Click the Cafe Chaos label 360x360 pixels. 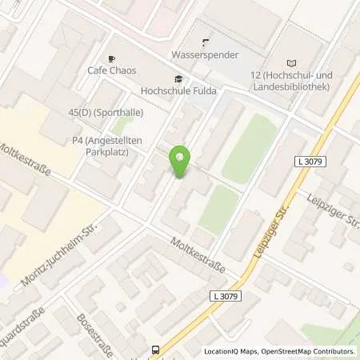pyautogui.click(x=110, y=70)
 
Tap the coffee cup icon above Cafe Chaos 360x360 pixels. pyautogui.click(x=111, y=58)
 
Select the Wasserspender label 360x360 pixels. pyautogui.click(x=205, y=55)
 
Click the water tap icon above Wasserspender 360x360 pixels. pyautogui.click(x=205, y=43)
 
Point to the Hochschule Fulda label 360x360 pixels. pyautogui.click(x=175, y=90)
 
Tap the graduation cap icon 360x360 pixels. pyautogui.click(x=177, y=78)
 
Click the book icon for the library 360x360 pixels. pyautogui.click(x=290, y=62)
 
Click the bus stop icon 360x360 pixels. pyautogui.click(x=155, y=349)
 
